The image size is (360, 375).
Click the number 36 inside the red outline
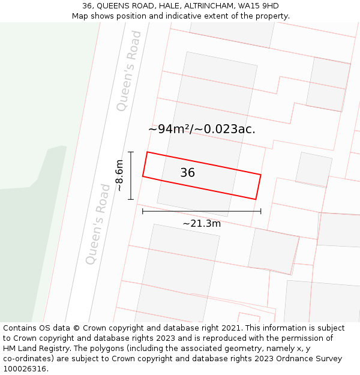tap(187, 173)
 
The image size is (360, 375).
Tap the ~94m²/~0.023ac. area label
tap(202, 129)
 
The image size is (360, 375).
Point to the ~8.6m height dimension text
tap(119, 175)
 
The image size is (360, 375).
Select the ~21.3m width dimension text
tap(202, 224)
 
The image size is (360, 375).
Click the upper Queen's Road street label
tap(129, 71)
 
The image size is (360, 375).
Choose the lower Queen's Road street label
tap(98, 224)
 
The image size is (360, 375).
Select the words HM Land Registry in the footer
tap(32, 349)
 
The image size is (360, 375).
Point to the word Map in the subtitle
tap(80, 16)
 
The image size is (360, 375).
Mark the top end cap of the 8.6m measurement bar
tap(131, 152)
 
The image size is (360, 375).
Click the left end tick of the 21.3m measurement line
tap(143, 211)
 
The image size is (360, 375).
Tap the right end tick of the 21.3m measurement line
tap(261, 211)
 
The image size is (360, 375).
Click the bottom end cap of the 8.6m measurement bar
tap(131, 199)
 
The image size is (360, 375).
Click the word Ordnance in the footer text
tap(287, 359)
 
